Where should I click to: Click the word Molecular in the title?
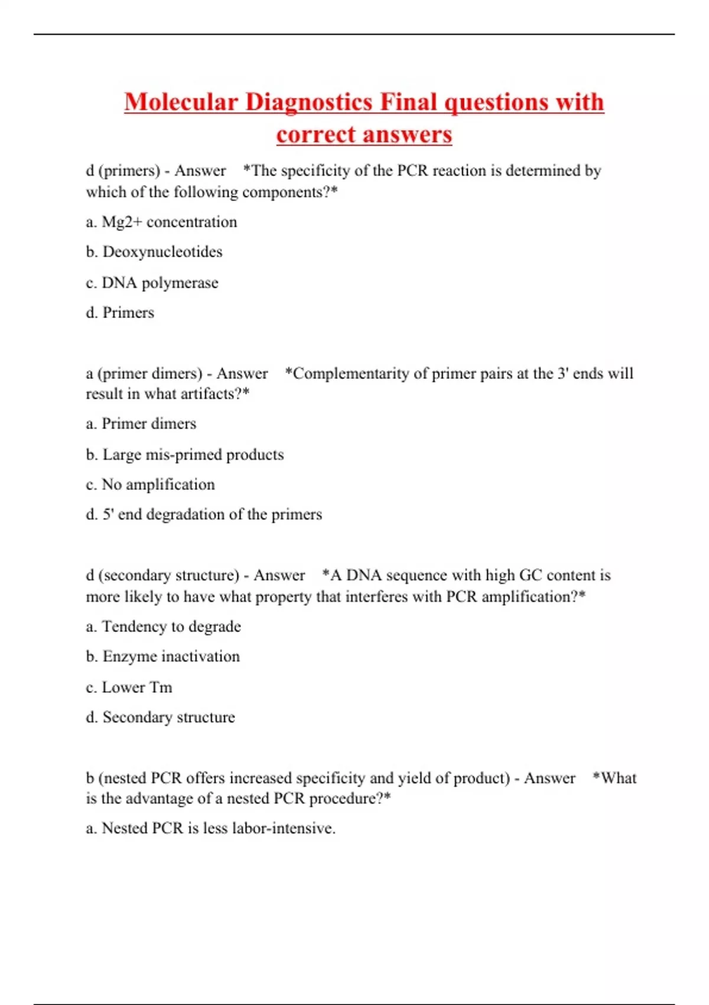coord(180,102)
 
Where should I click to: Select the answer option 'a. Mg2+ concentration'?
coord(161,222)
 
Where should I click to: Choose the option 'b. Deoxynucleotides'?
coord(154,252)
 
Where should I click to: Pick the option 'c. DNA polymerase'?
coord(152,283)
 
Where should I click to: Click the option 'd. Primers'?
coord(120,312)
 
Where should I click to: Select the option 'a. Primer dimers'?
coord(141,424)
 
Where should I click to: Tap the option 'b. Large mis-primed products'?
coord(184,455)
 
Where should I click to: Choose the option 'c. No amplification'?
coord(150,485)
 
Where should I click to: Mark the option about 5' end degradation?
coord(204,514)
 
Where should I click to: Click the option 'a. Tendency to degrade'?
coord(163,627)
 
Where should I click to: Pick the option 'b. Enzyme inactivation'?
coord(162,657)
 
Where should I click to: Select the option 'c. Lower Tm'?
coord(129,687)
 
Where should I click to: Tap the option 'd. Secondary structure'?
coord(160,717)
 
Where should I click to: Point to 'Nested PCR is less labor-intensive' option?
coord(210,828)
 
